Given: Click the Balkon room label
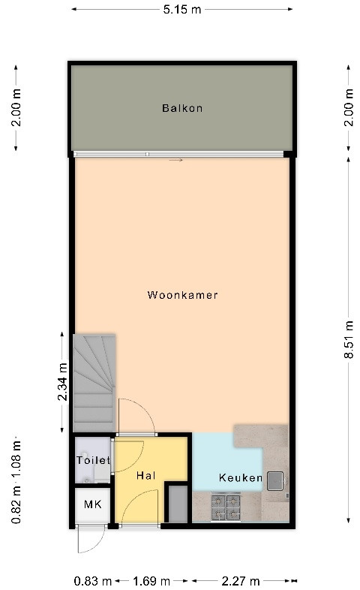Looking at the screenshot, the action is coord(182,108).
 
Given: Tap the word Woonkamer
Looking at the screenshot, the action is coord(183,294).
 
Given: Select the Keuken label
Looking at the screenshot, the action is coord(241,478).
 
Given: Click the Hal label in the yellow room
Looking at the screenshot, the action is coord(145,476).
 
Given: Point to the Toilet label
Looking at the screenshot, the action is coord(93,460).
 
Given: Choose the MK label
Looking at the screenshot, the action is coord(92,504).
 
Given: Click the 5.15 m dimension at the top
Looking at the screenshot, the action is coord(182,10).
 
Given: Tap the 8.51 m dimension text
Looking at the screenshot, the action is coord(349,339).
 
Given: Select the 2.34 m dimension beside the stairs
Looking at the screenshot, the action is coord(63,381).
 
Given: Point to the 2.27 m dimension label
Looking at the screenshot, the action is coord(241,581).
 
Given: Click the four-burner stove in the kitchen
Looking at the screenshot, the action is coord(226,507).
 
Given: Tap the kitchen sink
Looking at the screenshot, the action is coord(275,481).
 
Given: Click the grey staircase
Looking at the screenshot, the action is coord(94,383).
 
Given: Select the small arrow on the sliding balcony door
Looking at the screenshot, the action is coord(175,160).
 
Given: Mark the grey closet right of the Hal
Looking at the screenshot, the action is coord(178,504).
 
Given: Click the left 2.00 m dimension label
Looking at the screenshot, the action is coord(16,107).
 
